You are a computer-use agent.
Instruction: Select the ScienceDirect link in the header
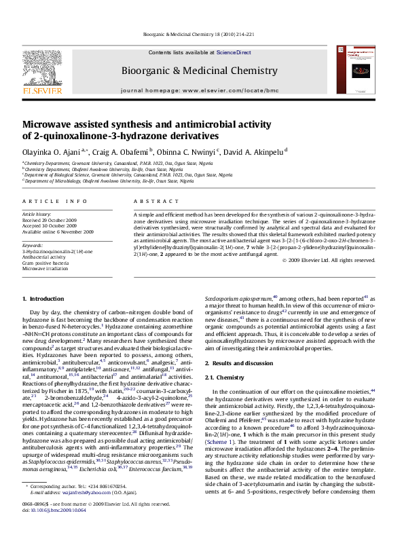tap(234, 52)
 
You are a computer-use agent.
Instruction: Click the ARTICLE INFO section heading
tap(55, 202)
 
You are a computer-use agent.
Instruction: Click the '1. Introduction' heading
tap(43, 299)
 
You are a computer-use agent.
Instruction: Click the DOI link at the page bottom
tap(58, 527)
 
